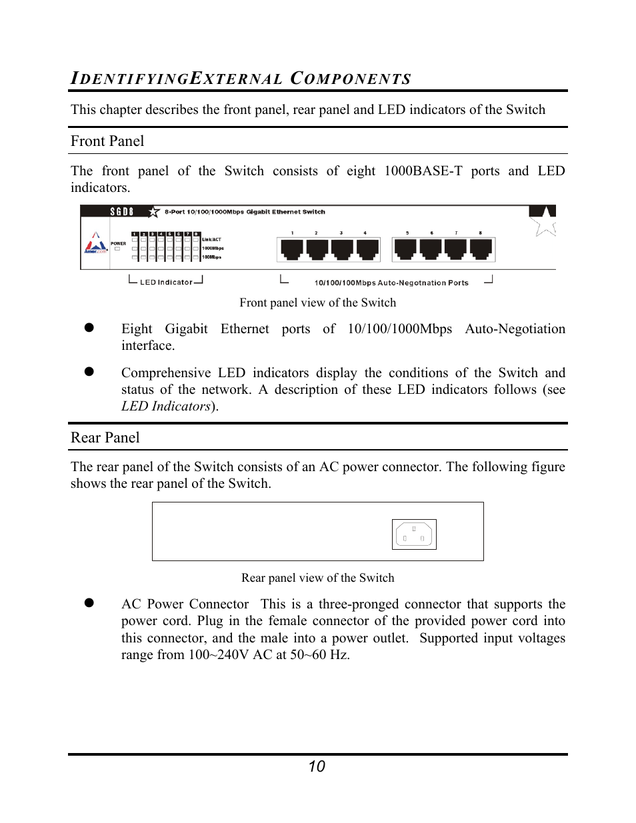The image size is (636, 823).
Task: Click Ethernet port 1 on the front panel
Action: click(x=292, y=249)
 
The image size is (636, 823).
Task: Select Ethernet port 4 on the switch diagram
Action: click(x=367, y=249)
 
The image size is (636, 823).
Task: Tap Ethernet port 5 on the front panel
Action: click(x=405, y=249)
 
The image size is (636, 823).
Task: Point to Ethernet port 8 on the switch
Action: click(x=481, y=249)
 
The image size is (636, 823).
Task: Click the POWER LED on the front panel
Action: click(x=117, y=249)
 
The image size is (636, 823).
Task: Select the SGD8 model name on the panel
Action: click(x=122, y=212)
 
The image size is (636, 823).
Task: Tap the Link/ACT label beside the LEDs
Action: click(x=211, y=239)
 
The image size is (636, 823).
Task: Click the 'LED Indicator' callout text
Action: click(x=166, y=282)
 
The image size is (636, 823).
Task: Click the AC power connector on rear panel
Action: click(x=414, y=534)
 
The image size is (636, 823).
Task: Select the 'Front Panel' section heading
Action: click(x=107, y=141)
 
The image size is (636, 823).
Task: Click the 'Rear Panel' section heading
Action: click(x=105, y=438)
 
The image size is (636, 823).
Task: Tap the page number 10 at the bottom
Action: click(x=317, y=766)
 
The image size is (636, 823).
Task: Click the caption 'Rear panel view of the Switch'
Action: click(x=317, y=578)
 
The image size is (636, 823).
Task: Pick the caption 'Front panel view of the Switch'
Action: click(x=317, y=303)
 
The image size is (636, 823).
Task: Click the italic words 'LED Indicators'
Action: click(x=165, y=407)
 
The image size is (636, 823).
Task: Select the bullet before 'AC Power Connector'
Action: click(x=89, y=602)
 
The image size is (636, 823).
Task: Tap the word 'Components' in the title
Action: click(x=351, y=79)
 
